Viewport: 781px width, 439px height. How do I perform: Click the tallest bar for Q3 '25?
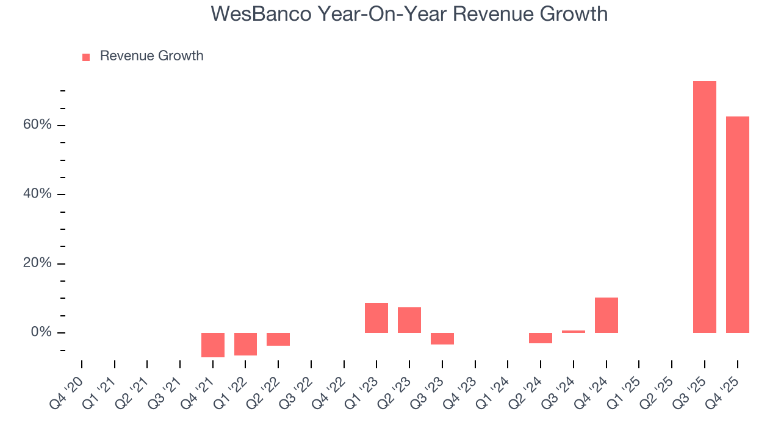point(705,207)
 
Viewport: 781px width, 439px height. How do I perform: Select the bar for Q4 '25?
point(737,224)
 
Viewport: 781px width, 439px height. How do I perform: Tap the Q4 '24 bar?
point(606,315)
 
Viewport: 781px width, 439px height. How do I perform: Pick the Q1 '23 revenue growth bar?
point(376,318)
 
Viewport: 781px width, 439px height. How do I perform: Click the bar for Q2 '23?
point(409,320)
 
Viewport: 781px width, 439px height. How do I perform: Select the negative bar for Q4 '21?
point(213,344)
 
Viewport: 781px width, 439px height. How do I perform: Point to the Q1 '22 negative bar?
point(245,344)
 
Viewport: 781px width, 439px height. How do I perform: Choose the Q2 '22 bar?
point(278,339)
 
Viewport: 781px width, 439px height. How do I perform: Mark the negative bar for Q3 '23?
point(442,338)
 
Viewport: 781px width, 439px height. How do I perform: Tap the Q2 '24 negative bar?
point(541,338)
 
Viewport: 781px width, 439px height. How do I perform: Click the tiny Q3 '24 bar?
point(574,332)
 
